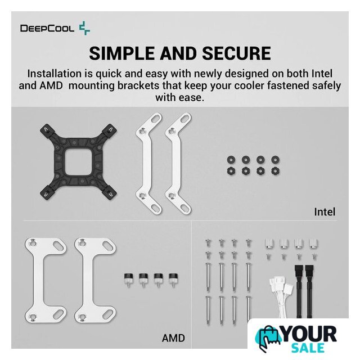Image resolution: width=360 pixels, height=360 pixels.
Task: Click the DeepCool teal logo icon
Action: point(84,28)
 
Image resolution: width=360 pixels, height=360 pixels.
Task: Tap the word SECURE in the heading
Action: point(236,53)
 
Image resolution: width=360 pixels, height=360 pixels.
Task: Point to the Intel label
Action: point(325,211)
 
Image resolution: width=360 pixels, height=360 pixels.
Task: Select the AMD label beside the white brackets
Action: point(173,338)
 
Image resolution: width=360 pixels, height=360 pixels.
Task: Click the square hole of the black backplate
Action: point(79,161)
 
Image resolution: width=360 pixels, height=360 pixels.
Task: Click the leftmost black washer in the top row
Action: point(231,159)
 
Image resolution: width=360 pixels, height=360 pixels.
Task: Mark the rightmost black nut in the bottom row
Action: point(275,171)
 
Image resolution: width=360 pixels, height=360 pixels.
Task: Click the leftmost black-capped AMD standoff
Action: point(128,279)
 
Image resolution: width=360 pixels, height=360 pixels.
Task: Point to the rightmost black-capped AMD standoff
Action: point(173,279)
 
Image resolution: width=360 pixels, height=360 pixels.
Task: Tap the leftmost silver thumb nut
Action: point(269,244)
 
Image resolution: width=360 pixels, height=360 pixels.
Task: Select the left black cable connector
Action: point(299,271)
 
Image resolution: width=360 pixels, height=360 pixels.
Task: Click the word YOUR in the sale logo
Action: point(309,334)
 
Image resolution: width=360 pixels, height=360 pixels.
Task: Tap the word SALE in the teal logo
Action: point(308,348)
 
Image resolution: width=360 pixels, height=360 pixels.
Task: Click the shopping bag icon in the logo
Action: point(268,338)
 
